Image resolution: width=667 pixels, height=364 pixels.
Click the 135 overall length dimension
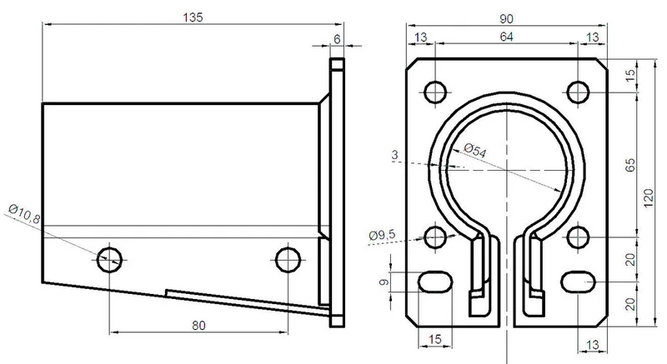[x=193, y=17]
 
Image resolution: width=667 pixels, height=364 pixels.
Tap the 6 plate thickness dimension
[x=337, y=39]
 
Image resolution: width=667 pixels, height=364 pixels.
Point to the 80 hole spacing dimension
[x=198, y=326]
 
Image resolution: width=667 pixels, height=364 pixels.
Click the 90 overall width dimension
[x=506, y=18]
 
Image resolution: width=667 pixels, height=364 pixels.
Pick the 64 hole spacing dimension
[x=506, y=37]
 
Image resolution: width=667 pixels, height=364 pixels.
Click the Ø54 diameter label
[x=475, y=151]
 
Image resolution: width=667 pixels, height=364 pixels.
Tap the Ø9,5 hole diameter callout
[x=382, y=235]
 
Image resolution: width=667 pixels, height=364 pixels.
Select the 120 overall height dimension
[x=649, y=198]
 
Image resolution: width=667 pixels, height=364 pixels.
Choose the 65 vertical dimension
[x=630, y=165]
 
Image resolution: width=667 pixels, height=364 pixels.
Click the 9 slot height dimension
[x=384, y=282]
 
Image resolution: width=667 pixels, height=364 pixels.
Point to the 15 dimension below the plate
[x=434, y=339]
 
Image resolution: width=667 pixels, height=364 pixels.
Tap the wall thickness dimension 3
[x=394, y=155]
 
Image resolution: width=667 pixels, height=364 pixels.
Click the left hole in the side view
[x=110, y=260]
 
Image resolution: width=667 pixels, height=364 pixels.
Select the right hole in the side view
[x=288, y=260]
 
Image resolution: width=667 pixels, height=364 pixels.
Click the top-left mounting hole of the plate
[x=435, y=92]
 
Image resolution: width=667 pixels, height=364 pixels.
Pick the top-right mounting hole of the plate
[x=578, y=92]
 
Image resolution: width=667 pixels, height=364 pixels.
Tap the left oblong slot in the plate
[x=434, y=282]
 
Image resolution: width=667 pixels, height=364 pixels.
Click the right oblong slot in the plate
[x=578, y=282]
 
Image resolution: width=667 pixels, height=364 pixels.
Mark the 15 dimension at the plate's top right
[x=630, y=75]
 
